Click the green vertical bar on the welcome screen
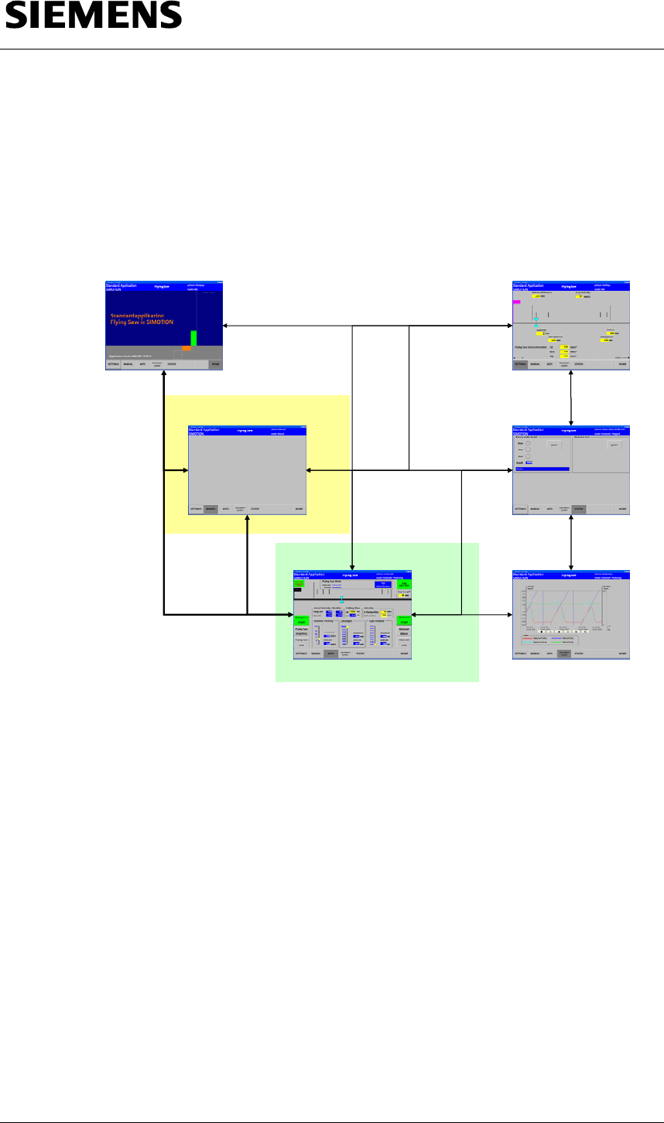click(193, 338)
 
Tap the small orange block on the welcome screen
click(187, 348)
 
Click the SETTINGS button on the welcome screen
click(113, 364)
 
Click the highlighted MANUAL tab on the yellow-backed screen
click(210, 509)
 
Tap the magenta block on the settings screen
click(516, 302)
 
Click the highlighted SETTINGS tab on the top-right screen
click(521, 364)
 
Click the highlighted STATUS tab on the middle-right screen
click(579, 509)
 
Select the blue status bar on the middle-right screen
click(542, 469)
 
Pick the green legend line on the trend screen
click(566, 642)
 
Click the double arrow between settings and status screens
click(571, 398)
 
